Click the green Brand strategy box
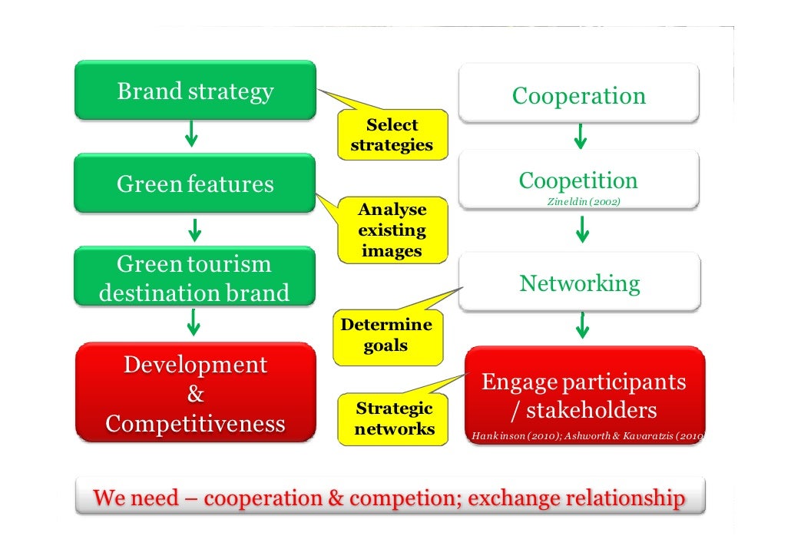coord(195,91)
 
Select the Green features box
coord(195,184)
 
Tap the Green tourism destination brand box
coord(195,278)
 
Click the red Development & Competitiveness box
coord(195,394)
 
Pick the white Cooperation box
coord(579,95)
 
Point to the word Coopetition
coord(578,180)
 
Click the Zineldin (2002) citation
coord(583,201)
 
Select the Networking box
coord(580,283)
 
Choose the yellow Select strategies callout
coord(392,134)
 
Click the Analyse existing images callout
coord(392,230)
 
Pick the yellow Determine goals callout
coord(386,336)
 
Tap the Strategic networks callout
coord(394,418)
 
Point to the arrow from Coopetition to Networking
coord(582,229)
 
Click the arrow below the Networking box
coord(582,326)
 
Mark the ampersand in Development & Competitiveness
coord(195,395)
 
